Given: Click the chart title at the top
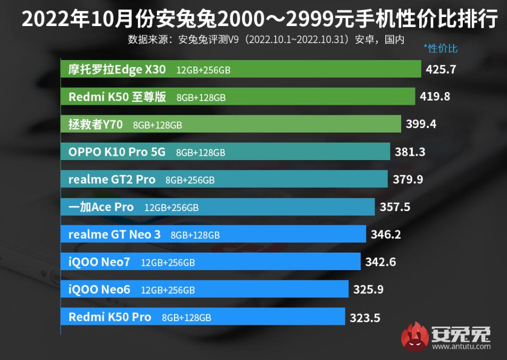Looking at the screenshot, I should point(253,20).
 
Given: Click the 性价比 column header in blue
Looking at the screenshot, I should point(440,48).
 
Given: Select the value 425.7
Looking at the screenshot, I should point(442,69).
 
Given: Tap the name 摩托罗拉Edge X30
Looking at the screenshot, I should point(117,69).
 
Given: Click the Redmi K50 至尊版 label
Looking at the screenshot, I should point(117,97).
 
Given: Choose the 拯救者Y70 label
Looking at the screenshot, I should point(96,124).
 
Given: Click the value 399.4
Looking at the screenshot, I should point(421,124).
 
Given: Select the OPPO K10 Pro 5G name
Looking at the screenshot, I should point(117,152).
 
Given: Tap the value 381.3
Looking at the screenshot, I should point(410,152).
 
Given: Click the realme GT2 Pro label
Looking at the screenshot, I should point(112,180).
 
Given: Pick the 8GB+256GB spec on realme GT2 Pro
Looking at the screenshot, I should point(190,180).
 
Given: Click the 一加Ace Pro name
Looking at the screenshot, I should point(101,207).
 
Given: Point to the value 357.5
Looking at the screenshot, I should point(395,207).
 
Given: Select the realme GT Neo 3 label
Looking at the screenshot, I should point(114,235).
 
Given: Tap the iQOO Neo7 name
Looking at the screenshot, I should point(99,262).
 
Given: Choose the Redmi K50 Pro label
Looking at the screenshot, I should point(110,317).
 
